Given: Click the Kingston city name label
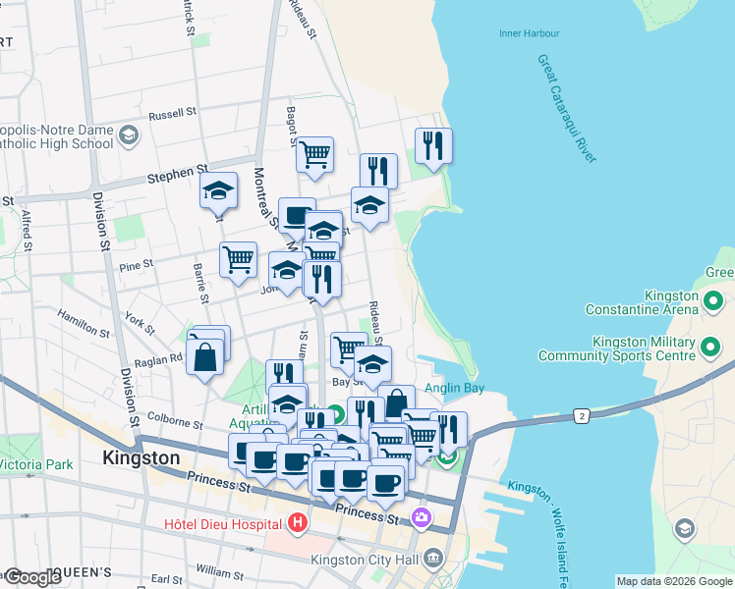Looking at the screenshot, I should tap(141, 458).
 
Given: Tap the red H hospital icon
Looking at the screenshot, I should tap(295, 523).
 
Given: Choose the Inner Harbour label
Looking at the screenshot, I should tap(529, 33).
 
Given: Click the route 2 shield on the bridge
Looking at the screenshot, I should tap(583, 416).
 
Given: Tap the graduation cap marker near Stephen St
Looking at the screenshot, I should tap(219, 191).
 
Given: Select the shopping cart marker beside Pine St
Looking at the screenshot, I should tap(238, 260).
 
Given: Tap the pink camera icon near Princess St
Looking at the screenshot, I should tap(423, 516).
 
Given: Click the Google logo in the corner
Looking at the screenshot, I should tap(33, 577).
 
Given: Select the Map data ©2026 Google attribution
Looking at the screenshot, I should tap(673, 581).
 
